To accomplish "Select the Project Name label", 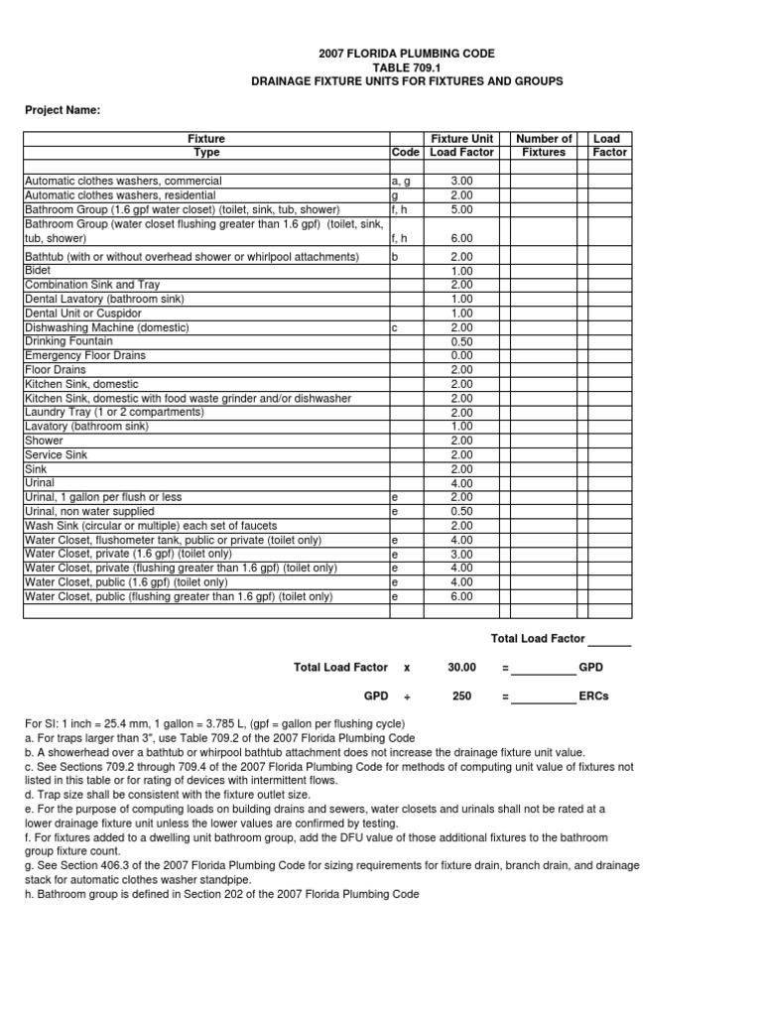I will pos(63,110).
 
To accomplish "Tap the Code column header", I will pos(406,153).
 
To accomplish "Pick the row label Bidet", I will pos(38,270).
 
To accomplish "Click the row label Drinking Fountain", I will pos(68,340).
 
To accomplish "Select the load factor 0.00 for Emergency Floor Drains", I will pos(461,355).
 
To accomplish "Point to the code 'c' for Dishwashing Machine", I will pos(395,327).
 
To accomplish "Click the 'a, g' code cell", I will pos(402,182).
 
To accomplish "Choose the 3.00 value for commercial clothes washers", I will pos(461,182).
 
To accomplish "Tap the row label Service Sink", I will pos(56,454).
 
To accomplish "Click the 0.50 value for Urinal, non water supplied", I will pos(461,511).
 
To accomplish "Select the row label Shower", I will pos(44,441).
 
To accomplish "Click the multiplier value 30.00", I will pos(462,668).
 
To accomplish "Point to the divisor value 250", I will pos(461,697).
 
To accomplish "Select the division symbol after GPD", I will pos(406,697).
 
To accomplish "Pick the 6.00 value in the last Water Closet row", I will pos(461,597).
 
